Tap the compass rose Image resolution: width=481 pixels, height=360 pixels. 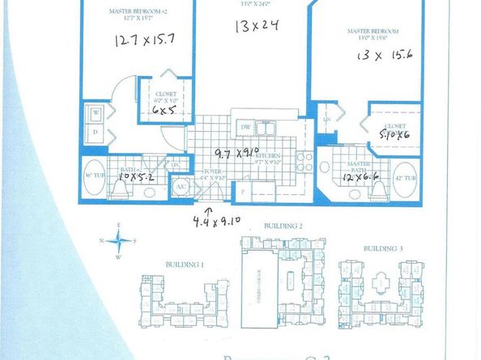coord(120,239)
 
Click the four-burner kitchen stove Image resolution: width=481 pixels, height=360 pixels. coord(302,159)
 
